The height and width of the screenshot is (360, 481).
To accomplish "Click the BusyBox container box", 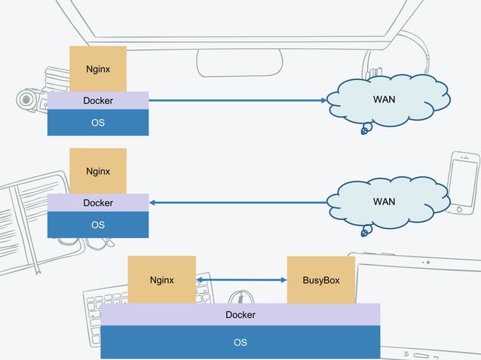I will coord(320,280).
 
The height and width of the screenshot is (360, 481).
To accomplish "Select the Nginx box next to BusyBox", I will coord(161,280).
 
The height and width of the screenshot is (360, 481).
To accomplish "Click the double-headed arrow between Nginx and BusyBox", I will coord(241,280).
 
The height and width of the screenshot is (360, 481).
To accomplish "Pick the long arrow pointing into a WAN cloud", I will coord(237,100).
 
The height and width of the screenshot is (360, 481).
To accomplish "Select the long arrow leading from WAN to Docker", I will coord(237,202).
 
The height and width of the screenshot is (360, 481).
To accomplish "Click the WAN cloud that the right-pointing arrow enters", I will coord(384,99).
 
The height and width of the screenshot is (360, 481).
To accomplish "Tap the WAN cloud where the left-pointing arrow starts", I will coord(384,202).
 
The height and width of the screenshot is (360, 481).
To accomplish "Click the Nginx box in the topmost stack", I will coord(98,69).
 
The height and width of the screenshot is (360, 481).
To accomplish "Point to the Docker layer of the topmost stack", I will coord(98,100).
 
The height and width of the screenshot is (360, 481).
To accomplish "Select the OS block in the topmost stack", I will coord(98,123).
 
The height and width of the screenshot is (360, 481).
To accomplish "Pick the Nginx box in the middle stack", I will coord(98,171).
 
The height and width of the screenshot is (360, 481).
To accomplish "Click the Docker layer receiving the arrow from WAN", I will coord(98,203).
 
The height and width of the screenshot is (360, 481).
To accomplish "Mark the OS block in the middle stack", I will coord(98,224).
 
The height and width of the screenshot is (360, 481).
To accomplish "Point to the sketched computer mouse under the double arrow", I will coord(240,297).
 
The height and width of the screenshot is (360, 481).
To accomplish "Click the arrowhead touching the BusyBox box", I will coord(283,280).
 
